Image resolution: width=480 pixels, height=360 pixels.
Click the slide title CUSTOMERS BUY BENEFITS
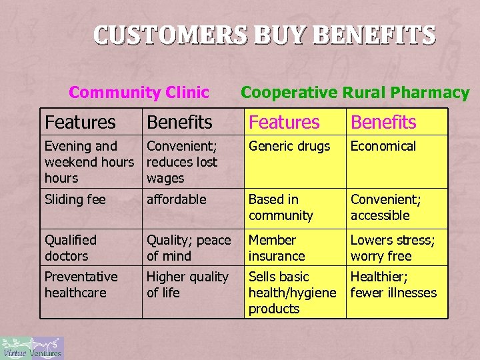click(264, 34)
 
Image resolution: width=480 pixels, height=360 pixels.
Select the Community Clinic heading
click(139, 93)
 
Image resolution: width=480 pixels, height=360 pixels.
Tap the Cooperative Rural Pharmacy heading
click(355, 93)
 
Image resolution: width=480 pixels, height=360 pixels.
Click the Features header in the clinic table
click(80, 123)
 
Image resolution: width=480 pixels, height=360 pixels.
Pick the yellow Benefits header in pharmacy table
click(383, 123)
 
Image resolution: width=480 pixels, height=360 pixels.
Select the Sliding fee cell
click(75, 199)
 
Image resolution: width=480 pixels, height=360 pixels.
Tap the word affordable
click(177, 199)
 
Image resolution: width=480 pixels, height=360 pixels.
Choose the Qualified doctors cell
click(71, 248)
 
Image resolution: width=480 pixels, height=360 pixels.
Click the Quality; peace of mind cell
click(189, 248)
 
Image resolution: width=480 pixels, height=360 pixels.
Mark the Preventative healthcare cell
click(81, 285)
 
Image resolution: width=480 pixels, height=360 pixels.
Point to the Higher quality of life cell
click(187, 285)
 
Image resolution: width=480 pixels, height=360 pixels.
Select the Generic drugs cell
click(289, 147)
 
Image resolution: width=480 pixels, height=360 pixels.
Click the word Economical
click(383, 147)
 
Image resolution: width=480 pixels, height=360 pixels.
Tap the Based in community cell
click(281, 207)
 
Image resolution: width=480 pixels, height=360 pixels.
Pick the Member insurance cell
click(277, 248)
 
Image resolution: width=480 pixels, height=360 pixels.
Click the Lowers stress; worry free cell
click(393, 248)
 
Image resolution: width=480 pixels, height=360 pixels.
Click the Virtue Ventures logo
click(32, 347)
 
